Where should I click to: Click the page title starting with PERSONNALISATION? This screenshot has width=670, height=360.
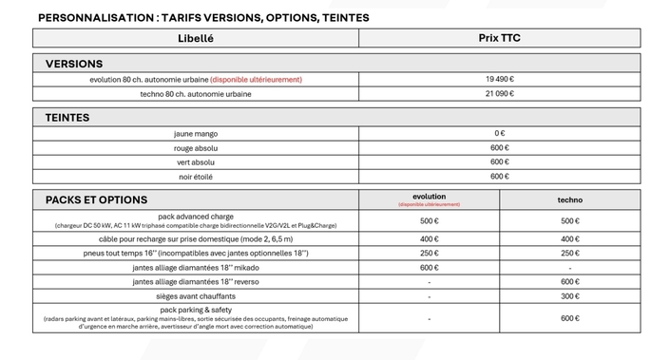point(203,17)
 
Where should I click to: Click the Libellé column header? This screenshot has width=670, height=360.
point(196,38)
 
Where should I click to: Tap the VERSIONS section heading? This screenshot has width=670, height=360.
point(74,64)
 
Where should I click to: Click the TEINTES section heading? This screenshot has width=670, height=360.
point(67,118)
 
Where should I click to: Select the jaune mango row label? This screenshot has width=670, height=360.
point(196,134)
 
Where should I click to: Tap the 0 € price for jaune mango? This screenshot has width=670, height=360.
point(499,134)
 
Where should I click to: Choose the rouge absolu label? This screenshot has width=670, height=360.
point(196,148)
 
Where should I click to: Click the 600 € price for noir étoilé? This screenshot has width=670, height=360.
point(499,177)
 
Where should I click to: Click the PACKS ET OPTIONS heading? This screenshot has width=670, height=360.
point(96,199)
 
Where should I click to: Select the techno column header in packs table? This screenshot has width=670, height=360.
point(569,199)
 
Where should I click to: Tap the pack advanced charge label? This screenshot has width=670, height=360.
point(196,217)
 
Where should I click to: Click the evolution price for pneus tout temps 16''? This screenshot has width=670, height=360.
point(429,254)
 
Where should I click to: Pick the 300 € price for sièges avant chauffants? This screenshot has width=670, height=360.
point(569,296)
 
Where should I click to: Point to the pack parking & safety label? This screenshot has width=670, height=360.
point(196,310)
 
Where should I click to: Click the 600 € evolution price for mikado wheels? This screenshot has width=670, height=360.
point(429,268)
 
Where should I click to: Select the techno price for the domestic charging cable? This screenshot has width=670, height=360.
point(569,239)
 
